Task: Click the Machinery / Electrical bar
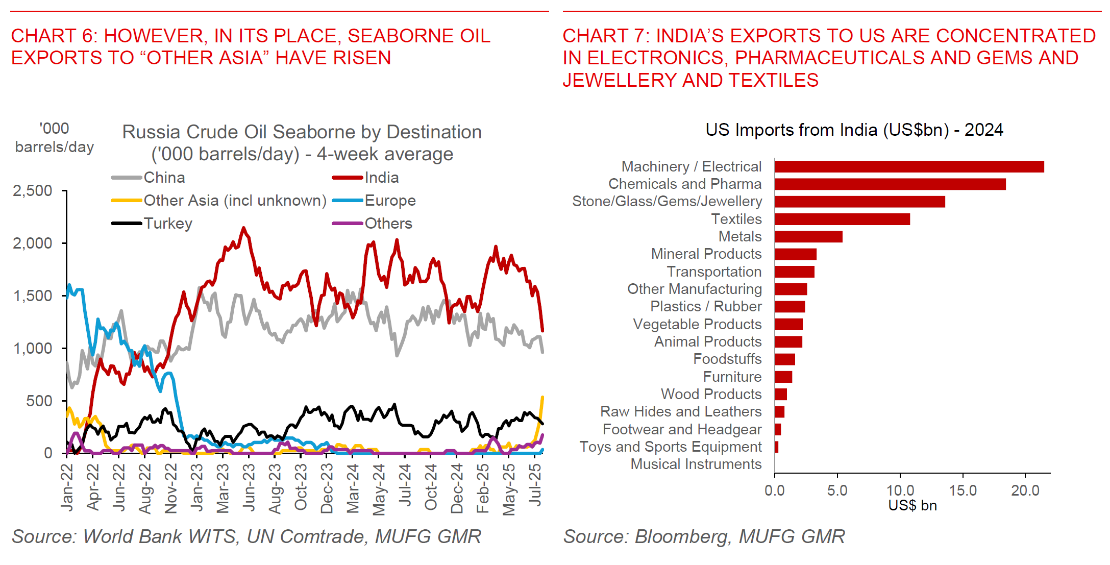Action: (908, 167)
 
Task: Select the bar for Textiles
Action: (842, 219)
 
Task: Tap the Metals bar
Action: (808, 237)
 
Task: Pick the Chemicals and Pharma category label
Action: (685, 184)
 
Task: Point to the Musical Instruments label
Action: (696, 464)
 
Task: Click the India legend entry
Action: (381, 178)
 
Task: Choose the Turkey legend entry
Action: (168, 224)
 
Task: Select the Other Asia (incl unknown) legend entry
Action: (235, 201)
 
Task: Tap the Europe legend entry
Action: (390, 201)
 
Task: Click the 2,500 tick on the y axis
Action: (33, 191)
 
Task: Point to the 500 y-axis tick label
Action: (39, 401)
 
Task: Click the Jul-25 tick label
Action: (535, 485)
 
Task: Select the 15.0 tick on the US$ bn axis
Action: (963, 491)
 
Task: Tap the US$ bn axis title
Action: (912, 506)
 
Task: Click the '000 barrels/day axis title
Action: (54, 138)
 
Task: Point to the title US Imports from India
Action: (854, 130)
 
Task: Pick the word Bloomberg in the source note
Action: (681, 537)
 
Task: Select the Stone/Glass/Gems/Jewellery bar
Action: (859, 202)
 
